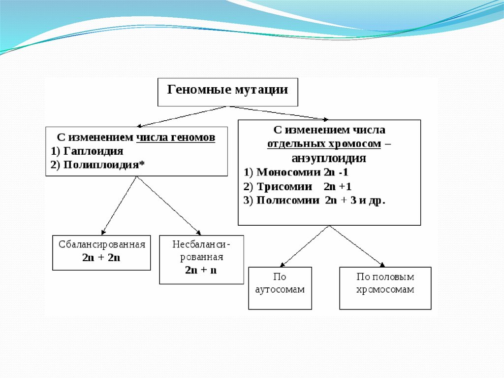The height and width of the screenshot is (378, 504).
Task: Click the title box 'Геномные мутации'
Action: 227,92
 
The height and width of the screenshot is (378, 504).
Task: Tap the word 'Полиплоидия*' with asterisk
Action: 103,165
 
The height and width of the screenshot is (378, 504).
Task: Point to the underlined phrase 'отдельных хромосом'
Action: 324,144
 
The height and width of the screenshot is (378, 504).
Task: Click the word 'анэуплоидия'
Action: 329,158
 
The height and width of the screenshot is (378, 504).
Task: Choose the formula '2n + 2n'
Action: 101,258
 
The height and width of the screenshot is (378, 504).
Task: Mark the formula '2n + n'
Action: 201,270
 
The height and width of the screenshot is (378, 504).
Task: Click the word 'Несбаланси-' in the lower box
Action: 201,244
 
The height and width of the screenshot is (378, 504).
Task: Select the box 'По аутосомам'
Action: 280,288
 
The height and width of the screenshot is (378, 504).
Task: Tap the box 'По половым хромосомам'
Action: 385,288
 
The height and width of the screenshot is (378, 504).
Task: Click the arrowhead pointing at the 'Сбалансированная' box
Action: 103,233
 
